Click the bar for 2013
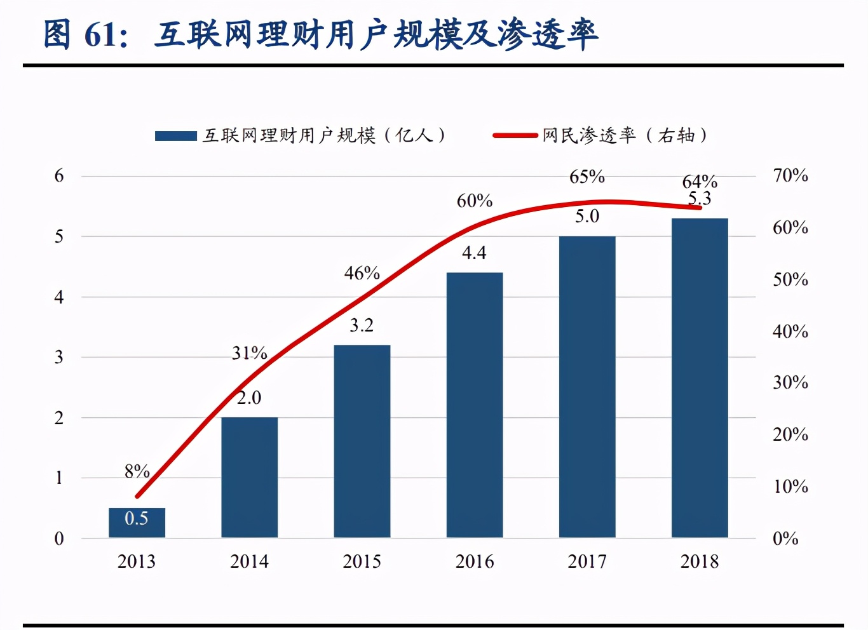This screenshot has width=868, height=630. pos(137,523)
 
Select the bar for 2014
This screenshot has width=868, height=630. pos(249,477)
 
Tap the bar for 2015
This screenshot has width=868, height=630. pos(362,441)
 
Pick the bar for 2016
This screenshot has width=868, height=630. pos(474,405)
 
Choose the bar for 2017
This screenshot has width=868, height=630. pos(587,387)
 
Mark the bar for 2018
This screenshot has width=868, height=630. pos(700,378)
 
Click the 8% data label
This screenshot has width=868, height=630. pos(137,471)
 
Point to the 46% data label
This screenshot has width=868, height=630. pos(362,273)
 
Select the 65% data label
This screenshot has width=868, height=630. pos(587,177)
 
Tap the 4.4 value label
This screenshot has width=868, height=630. pos(474,253)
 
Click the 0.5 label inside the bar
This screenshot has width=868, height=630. pos(137,518)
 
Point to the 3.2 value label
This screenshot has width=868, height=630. pos(362,325)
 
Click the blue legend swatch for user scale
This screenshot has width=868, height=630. pos(176,136)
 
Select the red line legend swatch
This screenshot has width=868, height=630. pos(515,135)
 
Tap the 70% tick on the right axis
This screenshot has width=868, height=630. pos(790,175)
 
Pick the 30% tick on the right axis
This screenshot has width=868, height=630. pos(790,382)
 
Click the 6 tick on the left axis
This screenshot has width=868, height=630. pos(59,176)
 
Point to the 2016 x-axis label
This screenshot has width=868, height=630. pos(474,561)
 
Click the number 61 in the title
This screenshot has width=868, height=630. pos(101,35)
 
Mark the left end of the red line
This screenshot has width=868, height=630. pos(137,497)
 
